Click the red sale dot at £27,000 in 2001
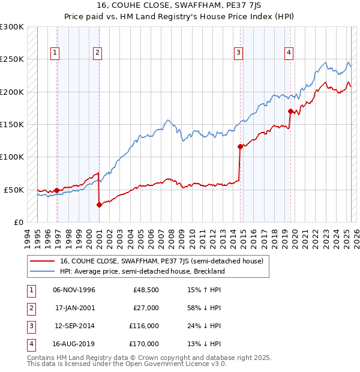pos(99,205)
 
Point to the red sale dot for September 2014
pos(240,146)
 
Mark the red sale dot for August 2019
pos(290,111)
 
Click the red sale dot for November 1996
pos(56,190)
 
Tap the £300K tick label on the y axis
pos(12,27)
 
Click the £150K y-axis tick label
pos(12,125)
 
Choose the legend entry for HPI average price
pos(142,271)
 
